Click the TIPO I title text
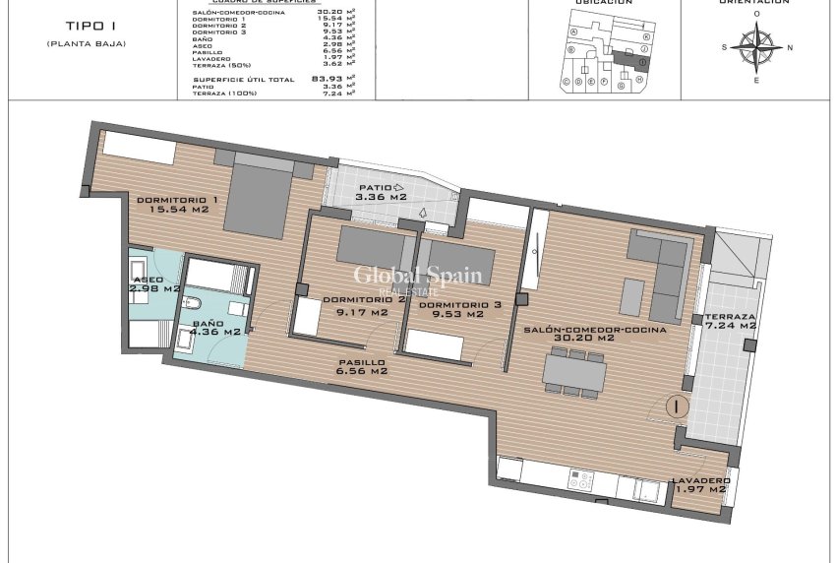[x=87, y=27]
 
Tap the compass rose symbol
[x=756, y=47]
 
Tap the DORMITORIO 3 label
[x=459, y=304]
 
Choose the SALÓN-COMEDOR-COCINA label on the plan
[x=595, y=329]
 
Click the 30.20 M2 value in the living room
[x=595, y=338]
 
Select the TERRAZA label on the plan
[x=729, y=317]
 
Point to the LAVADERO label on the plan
[x=699, y=480]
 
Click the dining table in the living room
[x=575, y=370]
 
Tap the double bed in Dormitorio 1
[x=261, y=197]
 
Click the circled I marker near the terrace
[x=677, y=405]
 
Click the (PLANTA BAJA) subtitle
[x=87, y=44]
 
